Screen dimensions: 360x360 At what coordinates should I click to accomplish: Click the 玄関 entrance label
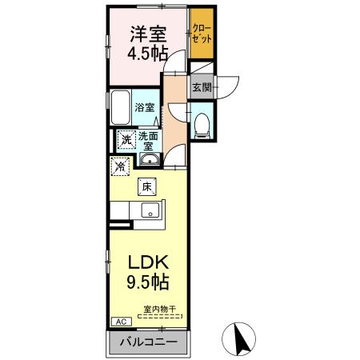(x=200, y=87)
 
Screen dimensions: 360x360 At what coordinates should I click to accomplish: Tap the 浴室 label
(x=144, y=107)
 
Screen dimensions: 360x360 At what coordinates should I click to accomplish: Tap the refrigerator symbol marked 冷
(x=120, y=167)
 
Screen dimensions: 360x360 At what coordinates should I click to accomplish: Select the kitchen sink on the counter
(x=150, y=212)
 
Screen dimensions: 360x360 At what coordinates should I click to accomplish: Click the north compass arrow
(x=240, y=341)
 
